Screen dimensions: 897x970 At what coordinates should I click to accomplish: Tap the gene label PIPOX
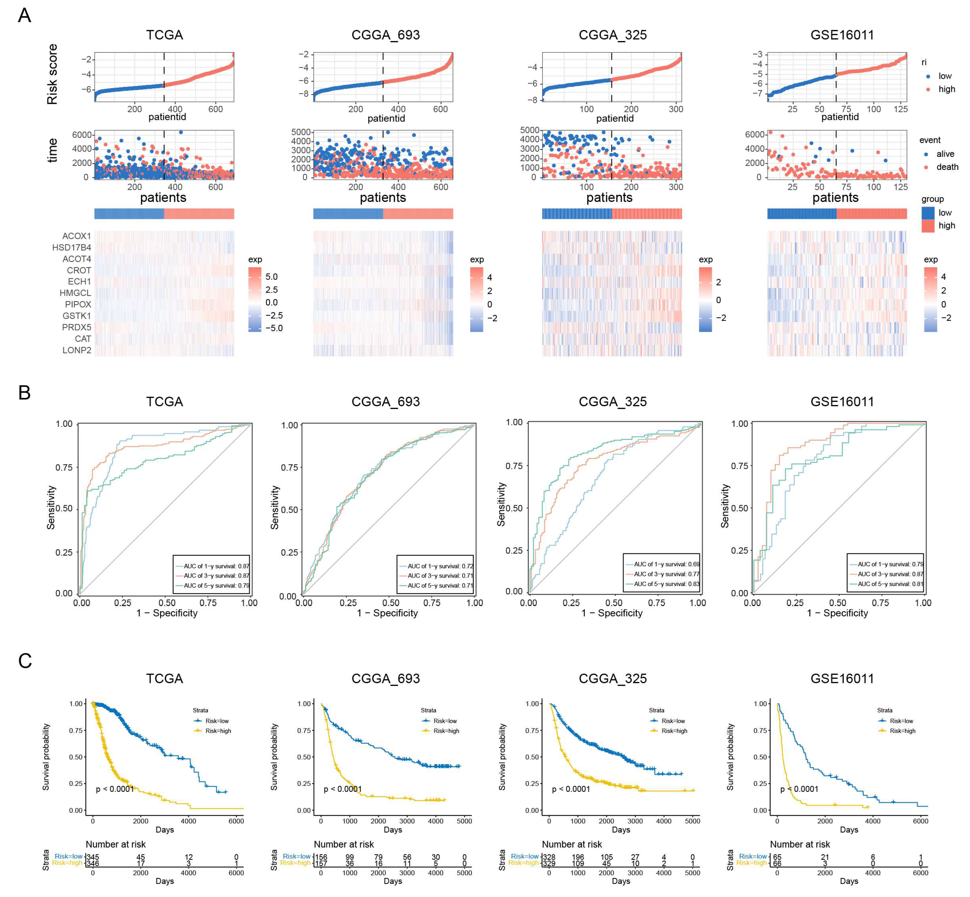pyautogui.click(x=78, y=304)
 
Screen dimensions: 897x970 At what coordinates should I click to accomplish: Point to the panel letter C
pyautogui.click(x=25, y=661)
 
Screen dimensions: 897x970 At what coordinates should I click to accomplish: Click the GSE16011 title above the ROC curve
pyautogui.click(x=842, y=402)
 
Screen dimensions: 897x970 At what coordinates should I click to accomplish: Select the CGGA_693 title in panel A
pyautogui.click(x=386, y=35)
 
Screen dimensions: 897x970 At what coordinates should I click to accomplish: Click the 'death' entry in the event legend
pyautogui.click(x=947, y=167)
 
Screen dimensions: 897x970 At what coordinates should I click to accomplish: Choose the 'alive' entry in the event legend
pyautogui.click(x=945, y=154)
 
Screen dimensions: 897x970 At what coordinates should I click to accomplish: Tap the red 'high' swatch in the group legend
pyautogui.click(x=928, y=226)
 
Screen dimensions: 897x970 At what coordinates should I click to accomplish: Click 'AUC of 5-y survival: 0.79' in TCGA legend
pyautogui.click(x=216, y=585)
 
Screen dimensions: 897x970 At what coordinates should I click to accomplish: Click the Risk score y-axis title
pyautogui.click(x=52, y=74)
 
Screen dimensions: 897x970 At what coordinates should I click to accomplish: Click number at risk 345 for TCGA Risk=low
pyautogui.click(x=92, y=857)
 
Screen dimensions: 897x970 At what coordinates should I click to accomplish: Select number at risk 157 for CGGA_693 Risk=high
pyautogui.click(x=321, y=863)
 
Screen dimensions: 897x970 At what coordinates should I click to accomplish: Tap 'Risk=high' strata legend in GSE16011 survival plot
pyautogui.click(x=902, y=731)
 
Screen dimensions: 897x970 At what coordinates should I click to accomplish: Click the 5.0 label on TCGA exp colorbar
pyautogui.click(x=271, y=277)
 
